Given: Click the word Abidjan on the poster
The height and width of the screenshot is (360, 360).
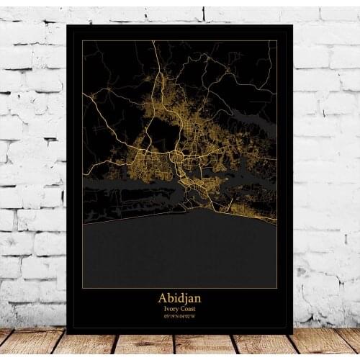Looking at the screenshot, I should (179, 298).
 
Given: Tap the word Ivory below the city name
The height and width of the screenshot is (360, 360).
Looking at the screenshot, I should (171, 309).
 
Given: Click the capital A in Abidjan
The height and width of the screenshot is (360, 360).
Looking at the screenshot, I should (162, 298).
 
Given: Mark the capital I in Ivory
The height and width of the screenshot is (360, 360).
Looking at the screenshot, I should (164, 309).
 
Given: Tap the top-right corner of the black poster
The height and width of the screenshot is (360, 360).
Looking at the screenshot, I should (293, 25).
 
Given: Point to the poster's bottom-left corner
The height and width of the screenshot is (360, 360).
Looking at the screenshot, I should (68, 333).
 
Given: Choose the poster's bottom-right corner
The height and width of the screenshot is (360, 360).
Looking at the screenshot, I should (293, 333).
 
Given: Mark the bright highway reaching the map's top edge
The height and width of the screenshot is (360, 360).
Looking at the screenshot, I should (153, 45).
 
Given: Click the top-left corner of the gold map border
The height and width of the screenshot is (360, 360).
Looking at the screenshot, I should (82, 41).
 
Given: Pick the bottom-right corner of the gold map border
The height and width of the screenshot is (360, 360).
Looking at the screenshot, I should (277, 288).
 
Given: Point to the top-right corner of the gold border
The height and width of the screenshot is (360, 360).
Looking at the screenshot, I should (277, 41).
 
